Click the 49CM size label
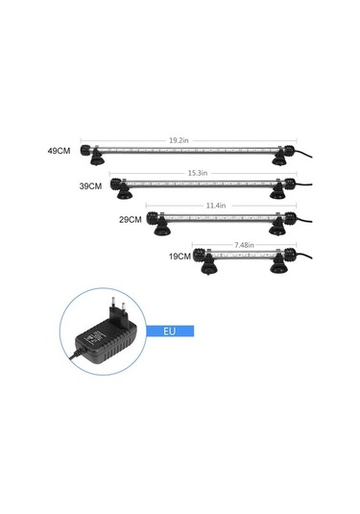(59, 151)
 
